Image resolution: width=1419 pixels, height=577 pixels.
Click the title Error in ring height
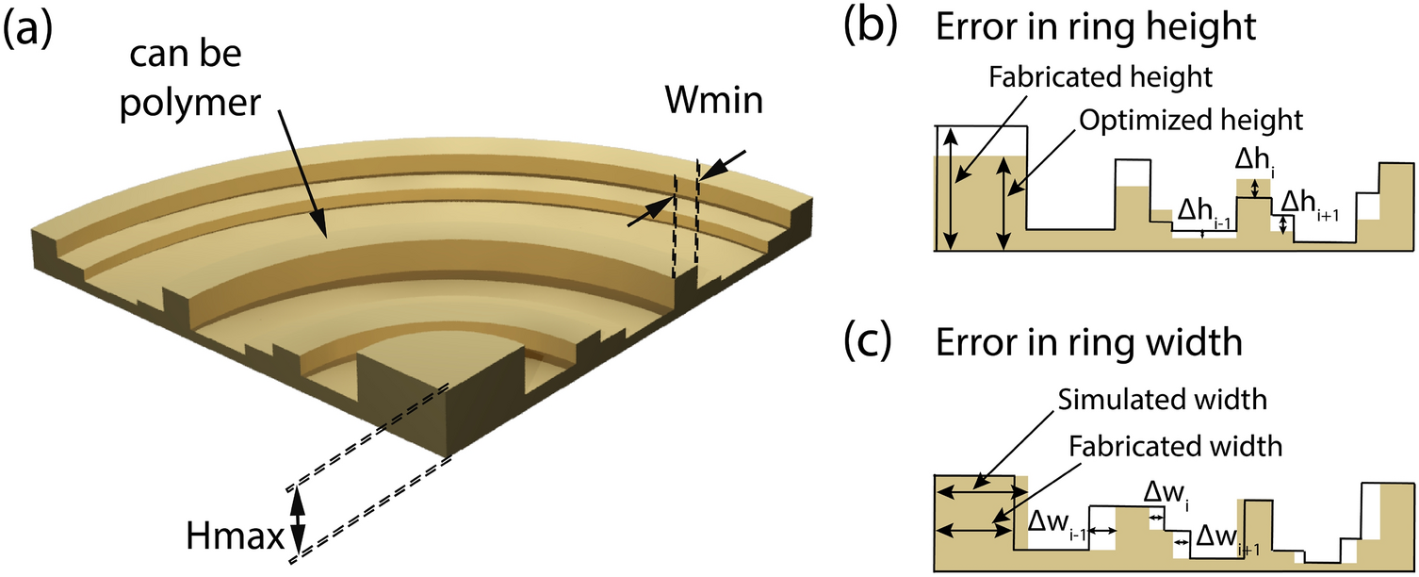click(x=1094, y=28)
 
